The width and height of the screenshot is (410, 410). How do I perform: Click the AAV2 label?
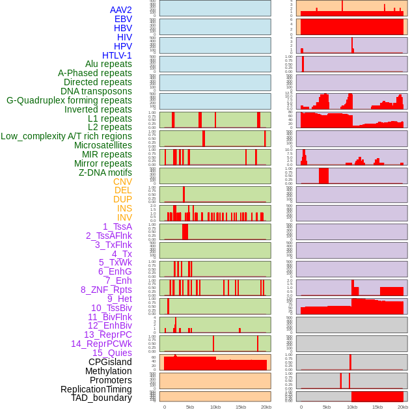[x=121, y=10]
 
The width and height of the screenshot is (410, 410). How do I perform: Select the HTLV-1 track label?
[x=117, y=55]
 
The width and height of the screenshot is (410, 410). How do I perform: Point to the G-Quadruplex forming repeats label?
[x=69, y=100]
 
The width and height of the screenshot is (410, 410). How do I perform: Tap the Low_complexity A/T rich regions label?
[x=66, y=136]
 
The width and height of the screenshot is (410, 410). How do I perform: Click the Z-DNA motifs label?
[x=105, y=172]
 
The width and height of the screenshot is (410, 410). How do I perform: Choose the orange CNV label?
[x=122, y=182]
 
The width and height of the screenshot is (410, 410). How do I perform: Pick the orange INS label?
[x=124, y=208]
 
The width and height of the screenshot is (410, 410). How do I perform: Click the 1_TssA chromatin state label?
[x=117, y=226]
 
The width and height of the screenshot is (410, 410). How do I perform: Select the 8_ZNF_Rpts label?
[x=106, y=290]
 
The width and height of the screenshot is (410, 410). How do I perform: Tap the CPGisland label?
[x=110, y=362]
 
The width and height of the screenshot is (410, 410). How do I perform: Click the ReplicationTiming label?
[x=96, y=389]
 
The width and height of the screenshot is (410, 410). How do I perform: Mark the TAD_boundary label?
[x=102, y=398]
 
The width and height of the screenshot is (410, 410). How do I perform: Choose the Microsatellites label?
[x=103, y=145]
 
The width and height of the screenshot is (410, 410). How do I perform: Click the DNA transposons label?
[x=96, y=91]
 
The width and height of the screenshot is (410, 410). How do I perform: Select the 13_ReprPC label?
[x=107, y=335]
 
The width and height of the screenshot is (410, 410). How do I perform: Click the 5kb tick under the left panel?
[x=190, y=407]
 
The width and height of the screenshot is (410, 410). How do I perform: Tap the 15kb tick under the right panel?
[x=377, y=407]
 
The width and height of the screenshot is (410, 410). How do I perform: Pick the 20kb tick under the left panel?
[x=266, y=407]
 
